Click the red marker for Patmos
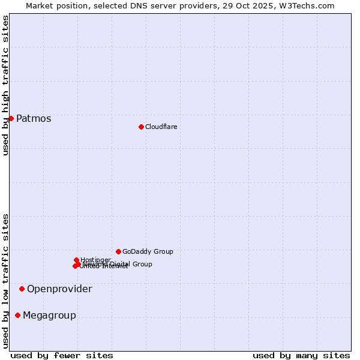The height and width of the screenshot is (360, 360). tap(11, 118)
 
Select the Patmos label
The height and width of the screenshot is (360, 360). tap(34, 119)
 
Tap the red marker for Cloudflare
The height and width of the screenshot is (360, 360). tap(141, 127)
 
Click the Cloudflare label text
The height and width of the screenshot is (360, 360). tap(161, 127)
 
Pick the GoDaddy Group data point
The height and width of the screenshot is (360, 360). tap(118, 251)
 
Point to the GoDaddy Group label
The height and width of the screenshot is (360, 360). tap(148, 251)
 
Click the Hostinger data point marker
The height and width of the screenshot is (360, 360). tap(76, 260)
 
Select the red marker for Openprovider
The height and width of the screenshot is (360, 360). tap(22, 289)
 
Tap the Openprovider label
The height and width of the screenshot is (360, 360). tap(59, 289)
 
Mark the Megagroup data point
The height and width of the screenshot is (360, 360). tap(17, 315)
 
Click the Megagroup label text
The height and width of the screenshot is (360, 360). tap(49, 316)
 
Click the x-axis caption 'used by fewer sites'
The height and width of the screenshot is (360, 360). tap(62, 355)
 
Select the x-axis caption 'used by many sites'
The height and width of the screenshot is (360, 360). tap(301, 355)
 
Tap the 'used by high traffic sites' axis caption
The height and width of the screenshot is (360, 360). tap(5, 85)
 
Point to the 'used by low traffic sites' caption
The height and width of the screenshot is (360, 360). tap(5, 280)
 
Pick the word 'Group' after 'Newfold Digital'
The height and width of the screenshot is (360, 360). tap(142, 264)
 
